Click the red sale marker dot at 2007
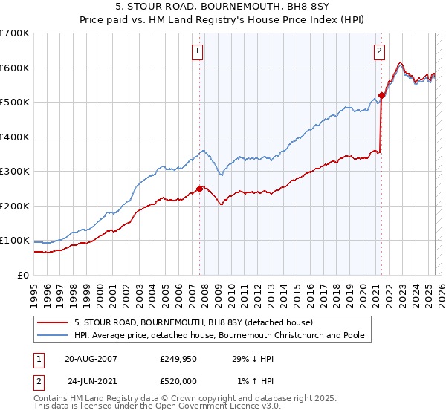(x=199, y=189)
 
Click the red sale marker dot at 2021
(x=381, y=95)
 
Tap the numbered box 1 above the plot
(x=198, y=51)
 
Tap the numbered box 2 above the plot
(x=379, y=51)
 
